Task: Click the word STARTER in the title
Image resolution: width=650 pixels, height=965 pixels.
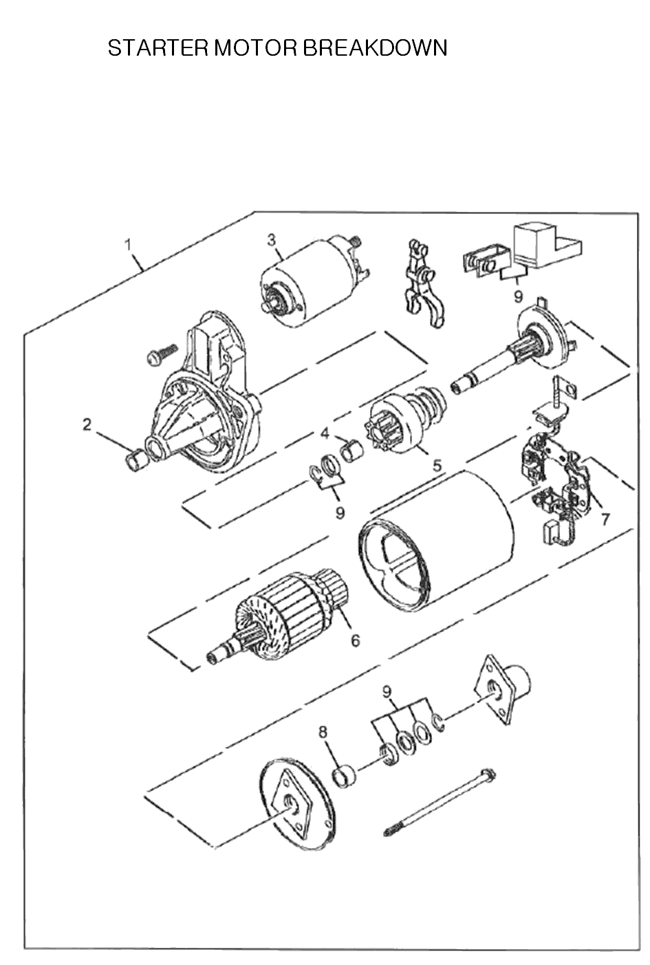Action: [158, 48]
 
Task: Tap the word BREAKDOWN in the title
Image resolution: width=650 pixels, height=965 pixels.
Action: [375, 48]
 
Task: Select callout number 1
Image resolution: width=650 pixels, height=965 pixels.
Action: [127, 245]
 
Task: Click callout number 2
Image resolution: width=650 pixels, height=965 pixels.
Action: [87, 425]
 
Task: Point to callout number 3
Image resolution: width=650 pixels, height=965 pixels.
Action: [272, 240]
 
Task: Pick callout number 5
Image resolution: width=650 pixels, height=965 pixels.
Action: [437, 465]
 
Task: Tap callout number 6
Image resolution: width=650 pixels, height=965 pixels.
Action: [356, 640]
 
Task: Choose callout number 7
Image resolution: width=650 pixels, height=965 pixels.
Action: [605, 519]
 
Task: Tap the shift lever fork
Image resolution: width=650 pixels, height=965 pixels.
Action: [422, 283]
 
